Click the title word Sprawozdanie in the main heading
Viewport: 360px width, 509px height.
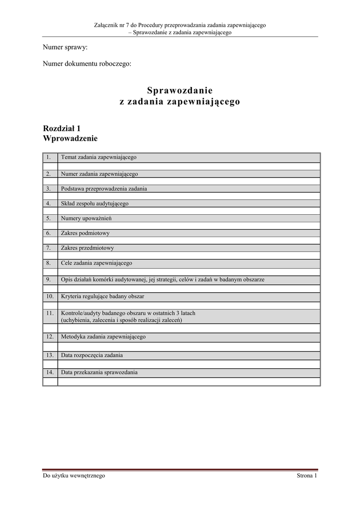click(x=180, y=90)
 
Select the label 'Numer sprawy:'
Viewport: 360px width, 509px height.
click(x=65, y=48)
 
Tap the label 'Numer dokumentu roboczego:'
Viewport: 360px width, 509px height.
click(x=87, y=64)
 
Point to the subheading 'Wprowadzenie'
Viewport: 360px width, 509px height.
click(x=70, y=138)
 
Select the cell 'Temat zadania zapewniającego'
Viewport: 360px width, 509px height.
click(x=98, y=157)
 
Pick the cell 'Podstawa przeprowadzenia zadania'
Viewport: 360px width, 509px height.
click(x=104, y=189)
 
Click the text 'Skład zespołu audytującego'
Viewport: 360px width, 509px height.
click(x=94, y=203)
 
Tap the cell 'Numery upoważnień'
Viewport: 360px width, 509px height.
click(x=86, y=218)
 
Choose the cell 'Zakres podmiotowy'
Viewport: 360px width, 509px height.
click(x=85, y=233)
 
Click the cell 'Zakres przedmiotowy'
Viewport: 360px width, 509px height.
click(x=88, y=248)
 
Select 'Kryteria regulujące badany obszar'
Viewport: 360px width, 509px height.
click(x=102, y=296)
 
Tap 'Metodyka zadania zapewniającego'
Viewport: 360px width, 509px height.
click(x=103, y=337)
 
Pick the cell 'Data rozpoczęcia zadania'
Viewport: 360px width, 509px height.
click(x=92, y=355)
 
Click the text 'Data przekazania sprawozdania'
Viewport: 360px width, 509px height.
click(x=99, y=372)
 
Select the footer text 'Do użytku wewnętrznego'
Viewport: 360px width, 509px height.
click(x=74, y=476)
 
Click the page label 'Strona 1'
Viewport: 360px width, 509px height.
click(x=307, y=476)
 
